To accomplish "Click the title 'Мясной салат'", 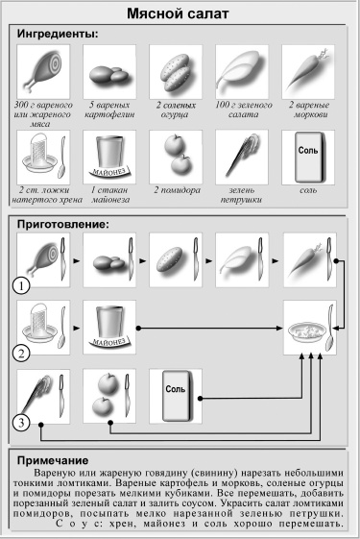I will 180,14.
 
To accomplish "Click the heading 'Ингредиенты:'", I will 59,35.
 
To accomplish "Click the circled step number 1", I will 19,286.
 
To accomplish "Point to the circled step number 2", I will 19,353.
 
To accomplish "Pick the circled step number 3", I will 19,421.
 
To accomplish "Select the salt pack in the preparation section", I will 175,394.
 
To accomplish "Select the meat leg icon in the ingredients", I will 39,70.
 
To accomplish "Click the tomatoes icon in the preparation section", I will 106,395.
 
